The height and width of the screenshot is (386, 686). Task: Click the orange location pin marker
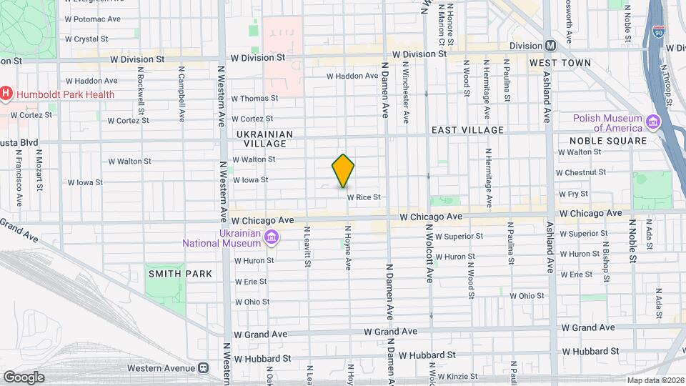[x=343, y=170]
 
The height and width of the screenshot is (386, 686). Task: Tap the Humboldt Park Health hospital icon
[x=6, y=93]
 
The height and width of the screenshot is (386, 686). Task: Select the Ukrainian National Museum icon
[x=272, y=237]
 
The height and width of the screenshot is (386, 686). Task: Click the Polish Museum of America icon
[x=652, y=122]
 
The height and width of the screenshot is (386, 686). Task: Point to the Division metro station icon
[x=551, y=45]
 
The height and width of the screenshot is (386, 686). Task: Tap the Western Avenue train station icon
[x=204, y=368]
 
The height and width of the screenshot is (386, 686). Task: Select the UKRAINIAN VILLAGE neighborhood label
[x=264, y=139]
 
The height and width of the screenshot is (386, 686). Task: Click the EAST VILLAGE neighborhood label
[x=467, y=130]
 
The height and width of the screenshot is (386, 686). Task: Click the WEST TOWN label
[x=560, y=63]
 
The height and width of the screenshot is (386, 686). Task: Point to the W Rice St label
[x=363, y=197]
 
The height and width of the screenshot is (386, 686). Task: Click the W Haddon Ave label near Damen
[x=352, y=76]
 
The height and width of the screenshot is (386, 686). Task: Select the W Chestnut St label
[x=580, y=172]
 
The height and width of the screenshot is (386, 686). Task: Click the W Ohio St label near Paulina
[x=527, y=295]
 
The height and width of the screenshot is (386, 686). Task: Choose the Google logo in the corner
[x=24, y=377]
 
